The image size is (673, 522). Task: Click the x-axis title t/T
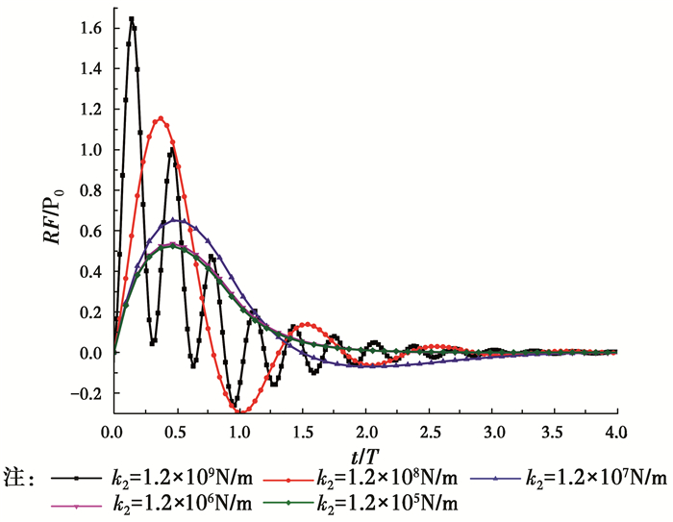(365, 452)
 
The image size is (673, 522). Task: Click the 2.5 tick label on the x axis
(428, 431)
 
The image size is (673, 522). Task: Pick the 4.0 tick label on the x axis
(616, 431)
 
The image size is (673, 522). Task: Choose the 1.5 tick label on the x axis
(303, 431)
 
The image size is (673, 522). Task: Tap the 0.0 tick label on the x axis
(113, 431)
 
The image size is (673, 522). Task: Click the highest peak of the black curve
(132, 18)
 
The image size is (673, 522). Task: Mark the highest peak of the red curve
(161, 118)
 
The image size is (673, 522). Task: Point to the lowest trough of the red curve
(239, 410)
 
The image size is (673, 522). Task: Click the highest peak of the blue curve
(178, 219)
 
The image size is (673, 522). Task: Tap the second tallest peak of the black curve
(171, 149)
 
